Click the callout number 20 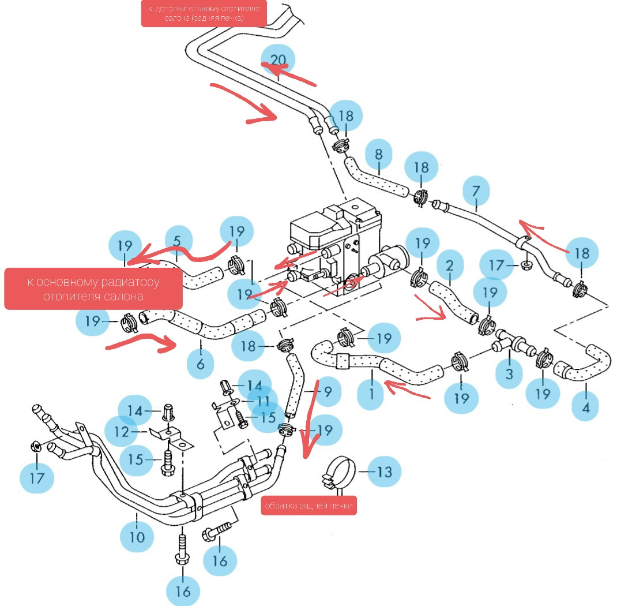tap(278, 59)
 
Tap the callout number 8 tap(378, 155)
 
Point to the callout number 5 tap(177, 241)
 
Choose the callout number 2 tap(450, 266)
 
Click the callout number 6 tap(200, 364)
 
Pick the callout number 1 tap(372, 394)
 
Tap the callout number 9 tap(327, 392)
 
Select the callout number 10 tap(137, 537)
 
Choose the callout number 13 tap(384, 472)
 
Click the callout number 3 tap(509, 373)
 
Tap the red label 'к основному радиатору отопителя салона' tap(93, 289)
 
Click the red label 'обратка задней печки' tap(308, 506)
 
